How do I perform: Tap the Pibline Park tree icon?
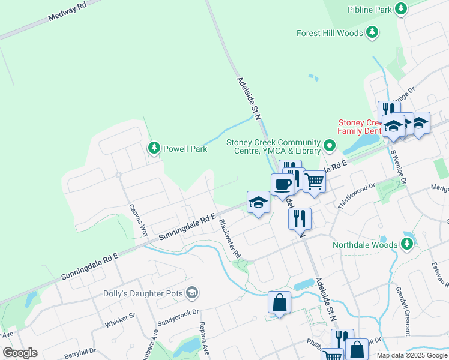pyautogui.click(x=401, y=9)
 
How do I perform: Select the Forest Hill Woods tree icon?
pyautogui.click(x=373, y=33)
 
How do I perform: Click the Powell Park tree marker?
pyautogui.click(x=154, y=148)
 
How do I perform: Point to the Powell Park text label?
pyautogui.click(x=186, y=149)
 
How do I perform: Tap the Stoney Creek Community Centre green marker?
pyautogui.click(x=330, y=146)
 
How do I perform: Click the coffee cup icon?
pyautogui.click(x=282, y=184)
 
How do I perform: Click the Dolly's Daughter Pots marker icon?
pyautogui.click(x=192, y=293)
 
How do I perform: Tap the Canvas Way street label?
pyautogui.click(x=139, y=220)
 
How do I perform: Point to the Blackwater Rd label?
pyautogui.click(x=229, y=239)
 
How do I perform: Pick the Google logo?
pyautogui.click(x=20, y=353)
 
